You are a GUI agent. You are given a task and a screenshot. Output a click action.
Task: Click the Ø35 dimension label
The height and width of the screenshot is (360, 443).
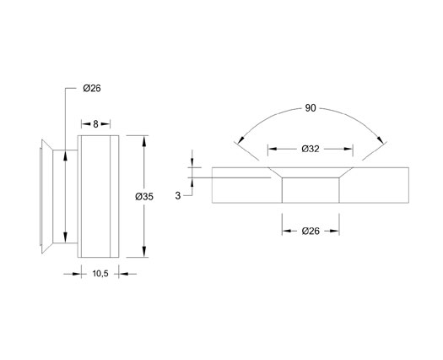coord(144,196)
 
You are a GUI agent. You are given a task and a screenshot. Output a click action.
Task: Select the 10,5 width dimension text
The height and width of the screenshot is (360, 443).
coord(100,274)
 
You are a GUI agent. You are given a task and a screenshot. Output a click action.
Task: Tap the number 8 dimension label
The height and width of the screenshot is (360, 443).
coord(95,124)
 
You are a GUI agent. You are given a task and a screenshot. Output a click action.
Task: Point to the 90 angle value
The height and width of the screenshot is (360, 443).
coord(311,108)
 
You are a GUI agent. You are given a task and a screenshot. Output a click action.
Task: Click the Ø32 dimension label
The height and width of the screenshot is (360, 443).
coord(311,149)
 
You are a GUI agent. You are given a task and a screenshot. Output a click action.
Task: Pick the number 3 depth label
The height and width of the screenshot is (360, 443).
coord(178,195)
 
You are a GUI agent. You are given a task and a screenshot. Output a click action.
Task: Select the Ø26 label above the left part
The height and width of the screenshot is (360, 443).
coord(92,88)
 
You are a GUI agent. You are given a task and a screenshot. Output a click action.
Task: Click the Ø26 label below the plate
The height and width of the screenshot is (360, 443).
coord(311,231)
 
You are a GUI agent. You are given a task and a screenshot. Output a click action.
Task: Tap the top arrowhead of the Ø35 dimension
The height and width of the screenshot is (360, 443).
coord(144,141)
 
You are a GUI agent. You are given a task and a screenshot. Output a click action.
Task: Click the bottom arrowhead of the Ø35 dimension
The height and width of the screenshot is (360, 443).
coord(144,252)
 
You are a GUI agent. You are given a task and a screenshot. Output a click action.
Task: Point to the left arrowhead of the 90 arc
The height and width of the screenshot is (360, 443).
coord(240,139)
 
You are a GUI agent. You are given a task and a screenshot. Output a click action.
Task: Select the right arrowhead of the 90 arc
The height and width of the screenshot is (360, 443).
coord(381,139)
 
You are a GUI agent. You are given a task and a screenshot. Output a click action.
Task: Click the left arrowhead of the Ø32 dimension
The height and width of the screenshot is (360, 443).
coord(273,149)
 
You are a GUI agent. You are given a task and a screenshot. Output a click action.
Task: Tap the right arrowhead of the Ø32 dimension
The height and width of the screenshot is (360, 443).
coord(348,149)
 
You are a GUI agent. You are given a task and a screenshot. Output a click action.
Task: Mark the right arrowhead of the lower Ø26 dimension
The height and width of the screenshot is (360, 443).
coord(334,231)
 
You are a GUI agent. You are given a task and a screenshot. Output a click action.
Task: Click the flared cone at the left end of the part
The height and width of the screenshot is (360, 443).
coord(47,196)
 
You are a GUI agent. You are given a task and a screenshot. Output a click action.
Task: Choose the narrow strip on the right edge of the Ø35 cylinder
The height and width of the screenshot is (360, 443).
coord(114,196)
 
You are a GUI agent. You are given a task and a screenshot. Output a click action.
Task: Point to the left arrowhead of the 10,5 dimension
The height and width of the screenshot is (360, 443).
coord(77,274)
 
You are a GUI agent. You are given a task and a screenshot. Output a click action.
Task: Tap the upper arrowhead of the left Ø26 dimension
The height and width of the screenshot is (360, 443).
coord(65,155)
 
